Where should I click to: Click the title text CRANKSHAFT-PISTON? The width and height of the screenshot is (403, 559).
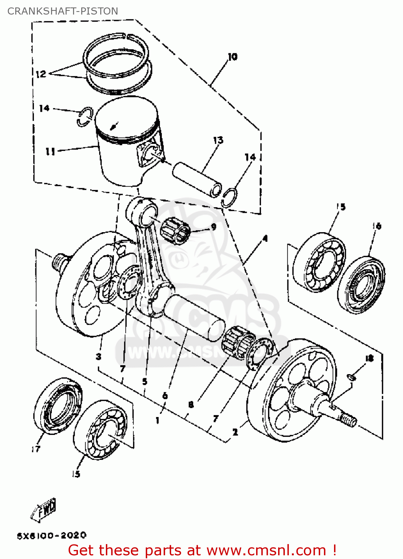pyautogui.click(x=63, y=11)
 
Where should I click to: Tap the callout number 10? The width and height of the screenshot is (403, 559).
pyautogui.click(x=232, y=57)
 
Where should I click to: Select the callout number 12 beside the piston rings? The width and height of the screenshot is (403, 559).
pyautogui.click(x=41, y=74)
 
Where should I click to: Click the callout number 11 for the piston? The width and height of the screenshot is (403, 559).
pyautogui.click(x=50, y=151)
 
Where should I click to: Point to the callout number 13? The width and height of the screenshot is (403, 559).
pyautogui.click(x=218, y=140)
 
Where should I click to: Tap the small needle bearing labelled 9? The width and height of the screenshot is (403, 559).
pyautogui.click(x=175, y=231)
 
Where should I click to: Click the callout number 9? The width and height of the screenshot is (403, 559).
pyautogui.click(x=214, y=227)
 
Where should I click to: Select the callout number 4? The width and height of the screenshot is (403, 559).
pyautogui.click(x=265, y=238)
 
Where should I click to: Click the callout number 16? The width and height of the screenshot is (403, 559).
pyautogui.click(x=377, y=226)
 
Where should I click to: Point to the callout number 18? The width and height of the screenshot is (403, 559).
pyautogui.click(x=369, y=359)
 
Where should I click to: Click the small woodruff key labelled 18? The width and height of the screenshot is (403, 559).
pyautogui.click(x=352, y=378)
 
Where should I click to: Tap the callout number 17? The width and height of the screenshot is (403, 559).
pyautogui.click(x=36, y=449)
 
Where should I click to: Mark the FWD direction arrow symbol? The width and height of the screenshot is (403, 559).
pyautogui.click(x=44, y=509)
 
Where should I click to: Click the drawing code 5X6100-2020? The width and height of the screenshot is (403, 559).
pyautogui.click(x=52, y=536)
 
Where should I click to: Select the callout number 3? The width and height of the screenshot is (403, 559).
pyautogui.click(x=98, y=357)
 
